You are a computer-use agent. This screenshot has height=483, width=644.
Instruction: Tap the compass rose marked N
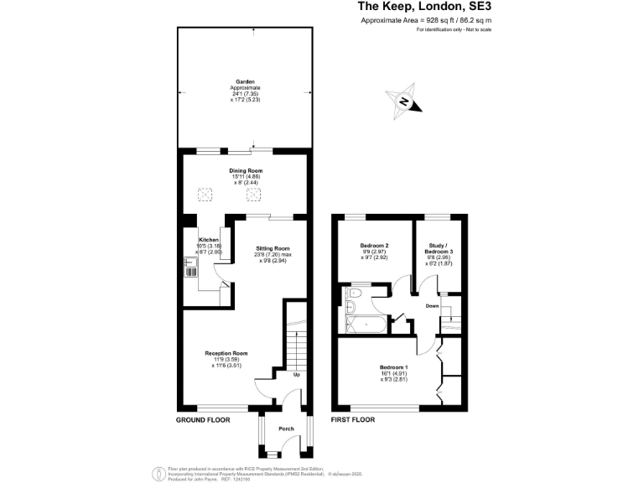[x=402, y=101]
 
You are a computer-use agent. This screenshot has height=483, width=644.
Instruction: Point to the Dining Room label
[x=247, y=176]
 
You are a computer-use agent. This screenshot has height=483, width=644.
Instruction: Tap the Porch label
[x=286, y=428]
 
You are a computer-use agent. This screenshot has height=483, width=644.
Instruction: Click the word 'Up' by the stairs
[x=296, y=374]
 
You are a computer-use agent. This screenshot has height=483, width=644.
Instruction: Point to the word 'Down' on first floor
[x=432, y=306]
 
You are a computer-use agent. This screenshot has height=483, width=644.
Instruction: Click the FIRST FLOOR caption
[x=352, y=419]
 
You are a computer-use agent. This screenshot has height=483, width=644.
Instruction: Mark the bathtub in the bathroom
[x=366, y=325]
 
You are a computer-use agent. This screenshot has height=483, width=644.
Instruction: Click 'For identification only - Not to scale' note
[x=453, y=30]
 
